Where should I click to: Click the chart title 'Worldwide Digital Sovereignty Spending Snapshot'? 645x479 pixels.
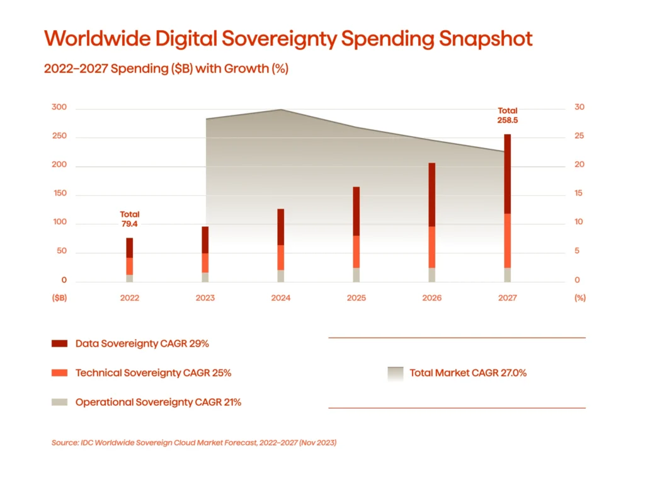288,39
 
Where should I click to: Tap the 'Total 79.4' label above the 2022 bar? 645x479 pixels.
130,219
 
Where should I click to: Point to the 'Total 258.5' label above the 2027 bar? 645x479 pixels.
507,115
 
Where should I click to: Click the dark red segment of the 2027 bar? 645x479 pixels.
507,174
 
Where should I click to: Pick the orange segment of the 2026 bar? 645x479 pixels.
431,247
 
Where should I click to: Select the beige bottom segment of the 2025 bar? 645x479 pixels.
356,275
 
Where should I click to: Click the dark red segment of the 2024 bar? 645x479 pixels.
280,227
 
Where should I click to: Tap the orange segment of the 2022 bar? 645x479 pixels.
130,266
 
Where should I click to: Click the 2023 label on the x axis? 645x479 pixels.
205,298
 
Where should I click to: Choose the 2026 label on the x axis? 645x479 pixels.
431,298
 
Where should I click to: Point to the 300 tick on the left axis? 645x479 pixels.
59,108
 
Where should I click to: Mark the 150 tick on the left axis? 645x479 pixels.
59,194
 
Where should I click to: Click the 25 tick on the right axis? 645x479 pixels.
578,136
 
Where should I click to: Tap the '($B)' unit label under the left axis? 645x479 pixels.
60,298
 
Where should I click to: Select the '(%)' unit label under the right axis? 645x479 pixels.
580,298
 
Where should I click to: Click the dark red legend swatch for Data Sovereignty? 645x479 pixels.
59,344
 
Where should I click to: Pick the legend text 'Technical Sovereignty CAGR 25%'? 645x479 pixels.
153,373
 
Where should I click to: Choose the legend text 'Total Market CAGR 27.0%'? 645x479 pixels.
468,373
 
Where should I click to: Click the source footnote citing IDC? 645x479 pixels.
194,443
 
